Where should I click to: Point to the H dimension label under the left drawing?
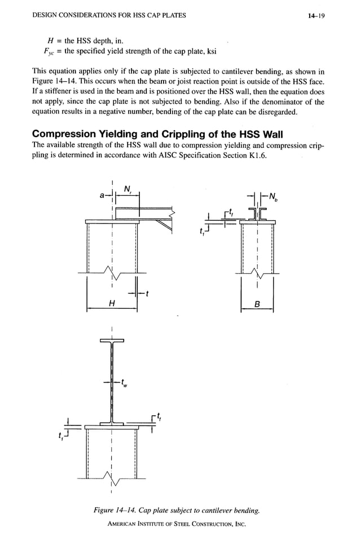[x=112, y=304]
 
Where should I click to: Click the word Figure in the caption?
[x=106, y=511]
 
